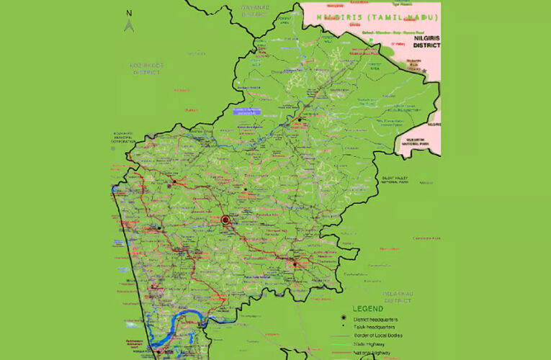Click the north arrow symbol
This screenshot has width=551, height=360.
click(x=129, y=25)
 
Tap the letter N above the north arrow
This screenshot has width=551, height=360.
click(x=129, y=13)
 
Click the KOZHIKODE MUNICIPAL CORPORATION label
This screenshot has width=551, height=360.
click(x=123, y=138)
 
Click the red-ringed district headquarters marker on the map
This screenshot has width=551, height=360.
click(x=225, y=220)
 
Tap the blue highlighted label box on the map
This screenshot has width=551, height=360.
click(x=246, y=111)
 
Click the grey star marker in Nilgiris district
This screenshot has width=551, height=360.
click(x=426, y=71)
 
